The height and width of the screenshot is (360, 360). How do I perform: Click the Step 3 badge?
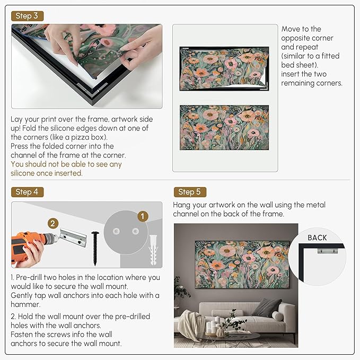click(27, 16)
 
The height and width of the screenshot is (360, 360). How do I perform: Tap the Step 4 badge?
click(27, 192)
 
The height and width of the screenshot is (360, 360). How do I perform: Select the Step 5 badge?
click(190, 192)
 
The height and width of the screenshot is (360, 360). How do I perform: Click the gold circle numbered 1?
click(143, 216)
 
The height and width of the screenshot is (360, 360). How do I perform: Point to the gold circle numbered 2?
click(53, 223)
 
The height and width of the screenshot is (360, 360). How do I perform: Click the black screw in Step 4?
click(95, 249)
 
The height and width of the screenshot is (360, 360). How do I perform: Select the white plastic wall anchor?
click(153, 250)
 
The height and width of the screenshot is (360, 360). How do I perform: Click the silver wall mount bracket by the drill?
click(74, 237)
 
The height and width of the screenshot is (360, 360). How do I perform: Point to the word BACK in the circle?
click(317, 238)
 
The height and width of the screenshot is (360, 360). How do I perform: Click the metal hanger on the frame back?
click(328, 251)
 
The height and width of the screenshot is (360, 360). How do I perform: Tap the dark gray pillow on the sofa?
click(267, 308)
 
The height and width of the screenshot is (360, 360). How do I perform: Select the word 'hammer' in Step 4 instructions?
click(25, 304)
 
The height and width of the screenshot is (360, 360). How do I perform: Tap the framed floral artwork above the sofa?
click(242, 265)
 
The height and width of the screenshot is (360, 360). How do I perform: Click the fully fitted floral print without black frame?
click(224, 127)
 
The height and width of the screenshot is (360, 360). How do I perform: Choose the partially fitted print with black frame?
click(224, 68)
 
